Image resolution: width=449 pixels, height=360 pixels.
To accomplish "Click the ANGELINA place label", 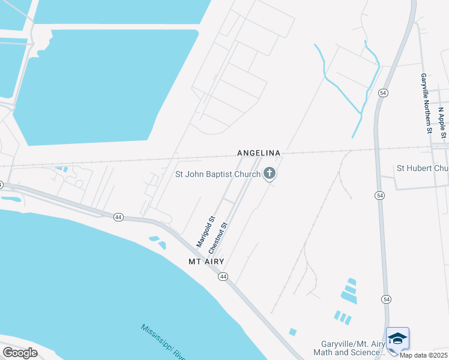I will click(x=259, y=153).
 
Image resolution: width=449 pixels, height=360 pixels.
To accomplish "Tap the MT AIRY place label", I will click(x=206, y=262).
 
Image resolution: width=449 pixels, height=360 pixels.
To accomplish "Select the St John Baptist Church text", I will click(x=217, y=175).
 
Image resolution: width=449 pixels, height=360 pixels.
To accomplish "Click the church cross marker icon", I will click(x=270, y=175).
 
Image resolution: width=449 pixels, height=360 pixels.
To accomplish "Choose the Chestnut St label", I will click(x=218, y=238).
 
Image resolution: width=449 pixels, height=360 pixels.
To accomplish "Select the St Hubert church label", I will click(x=423, y=169).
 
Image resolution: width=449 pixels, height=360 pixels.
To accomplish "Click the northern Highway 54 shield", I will click(x=383, y=92).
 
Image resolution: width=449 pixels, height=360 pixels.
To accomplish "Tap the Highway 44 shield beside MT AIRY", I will click(x=223, y=276).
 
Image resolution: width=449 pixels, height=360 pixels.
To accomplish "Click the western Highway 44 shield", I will click(x=119, y=217).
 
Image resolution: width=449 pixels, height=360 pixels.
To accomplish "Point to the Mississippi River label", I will click(x=164, y=342).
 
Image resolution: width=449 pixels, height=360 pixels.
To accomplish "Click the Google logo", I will click(x=20, y=353).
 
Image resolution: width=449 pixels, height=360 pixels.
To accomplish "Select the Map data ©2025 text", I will click(x=424, y=355).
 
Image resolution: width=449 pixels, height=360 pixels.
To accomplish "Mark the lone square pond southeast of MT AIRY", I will click(x=292, y=332).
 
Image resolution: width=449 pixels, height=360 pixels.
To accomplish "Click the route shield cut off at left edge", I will click(x=2, y=184).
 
